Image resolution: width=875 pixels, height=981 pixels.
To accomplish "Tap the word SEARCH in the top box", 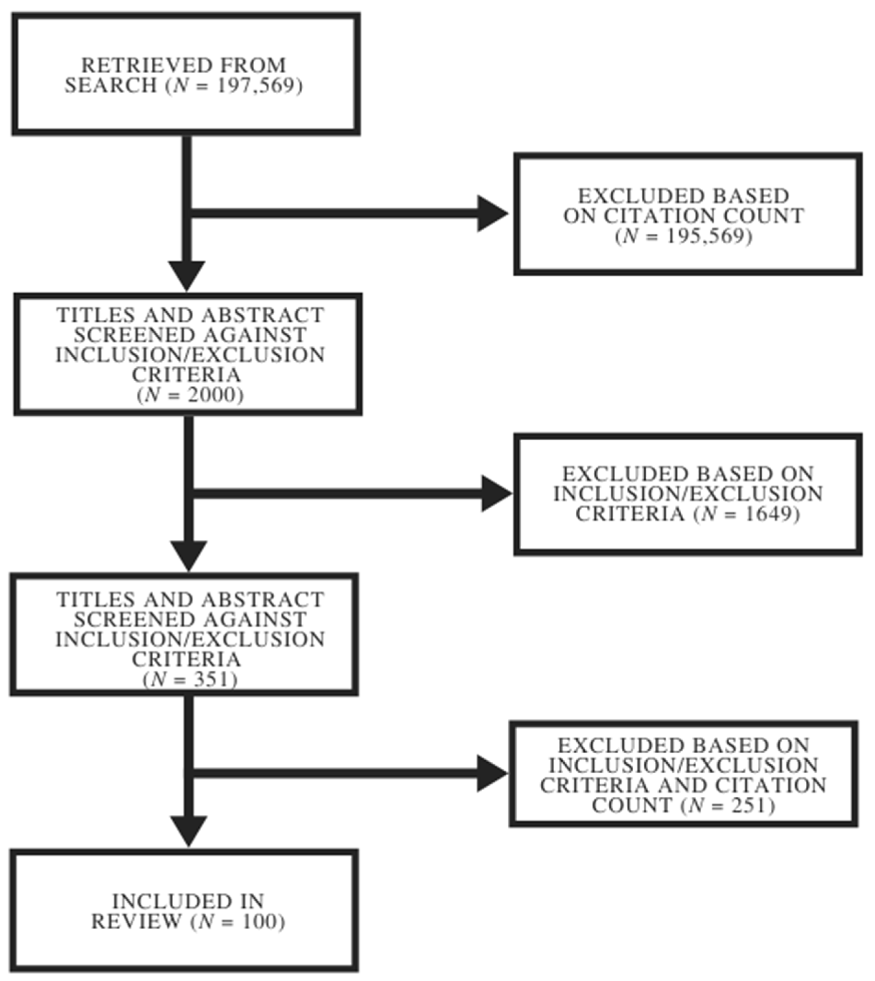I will (111, 86).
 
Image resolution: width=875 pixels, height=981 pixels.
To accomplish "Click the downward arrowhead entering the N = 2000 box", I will (187, 276).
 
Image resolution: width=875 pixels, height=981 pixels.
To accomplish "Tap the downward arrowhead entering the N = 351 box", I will (189, 555).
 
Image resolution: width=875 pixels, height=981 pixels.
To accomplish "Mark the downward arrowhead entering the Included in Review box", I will (189, 830).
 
